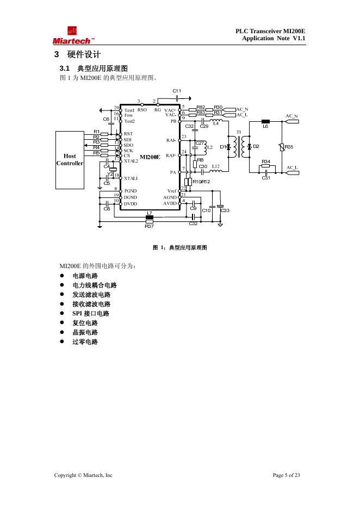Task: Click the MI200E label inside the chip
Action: click(x=150, y=157)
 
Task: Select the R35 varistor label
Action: click(x=289, y=147)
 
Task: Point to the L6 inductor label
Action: click(x=265, y=126)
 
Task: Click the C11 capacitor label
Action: click(x=177, y=90)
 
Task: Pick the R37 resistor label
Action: click(x=150, y=226)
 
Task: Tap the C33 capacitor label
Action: click(x=225, y=210)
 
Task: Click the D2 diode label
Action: click(x=256, y=146)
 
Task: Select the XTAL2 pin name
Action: click(x=131, y=161)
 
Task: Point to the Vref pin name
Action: click(x=172, y=191)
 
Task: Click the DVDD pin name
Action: click(x=131, y=203)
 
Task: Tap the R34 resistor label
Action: click(x=266, y=162)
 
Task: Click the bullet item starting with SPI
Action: click(x=91, y=313)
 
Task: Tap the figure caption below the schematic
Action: click(x=180, y=247)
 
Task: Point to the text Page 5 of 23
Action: click(x=286, y=475)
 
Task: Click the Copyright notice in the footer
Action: click(x=83, y=475)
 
